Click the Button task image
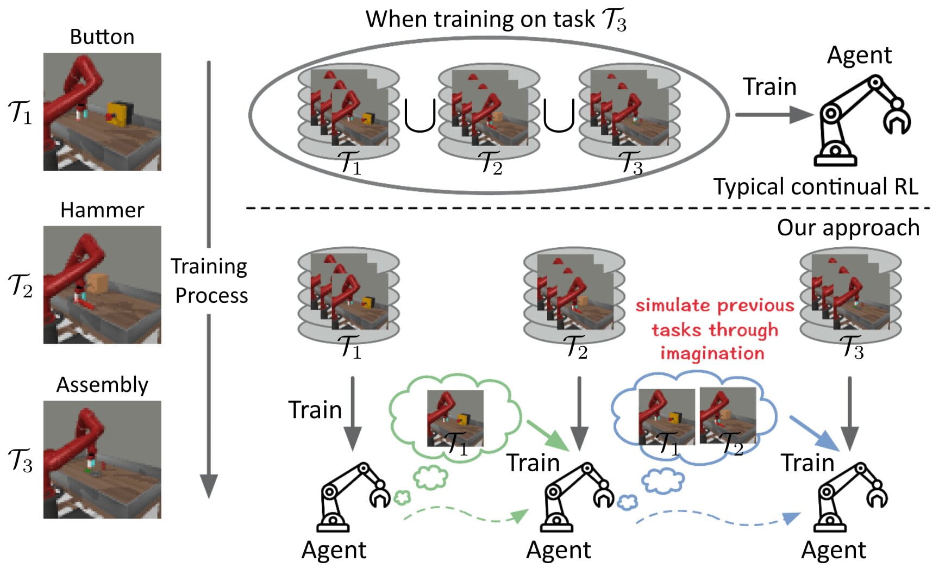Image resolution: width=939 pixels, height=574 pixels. coord(102,111)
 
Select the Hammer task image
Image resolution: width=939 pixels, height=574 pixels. coord(102,285)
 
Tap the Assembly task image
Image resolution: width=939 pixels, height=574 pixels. coord(102,459)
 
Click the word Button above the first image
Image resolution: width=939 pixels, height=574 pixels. coord(102,37)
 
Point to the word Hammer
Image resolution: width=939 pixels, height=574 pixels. coord(102,210)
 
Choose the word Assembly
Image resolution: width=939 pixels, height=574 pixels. coord(102,385)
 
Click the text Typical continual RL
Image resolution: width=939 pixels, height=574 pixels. coord(815,187)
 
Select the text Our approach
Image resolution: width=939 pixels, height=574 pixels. coord(848,228)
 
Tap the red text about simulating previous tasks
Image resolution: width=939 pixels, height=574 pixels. coord(715,329)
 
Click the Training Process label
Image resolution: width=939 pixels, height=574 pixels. coord(210,280)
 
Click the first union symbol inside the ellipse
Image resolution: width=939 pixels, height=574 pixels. coord(420,116)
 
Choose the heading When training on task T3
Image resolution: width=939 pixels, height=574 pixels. coord(496,20)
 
